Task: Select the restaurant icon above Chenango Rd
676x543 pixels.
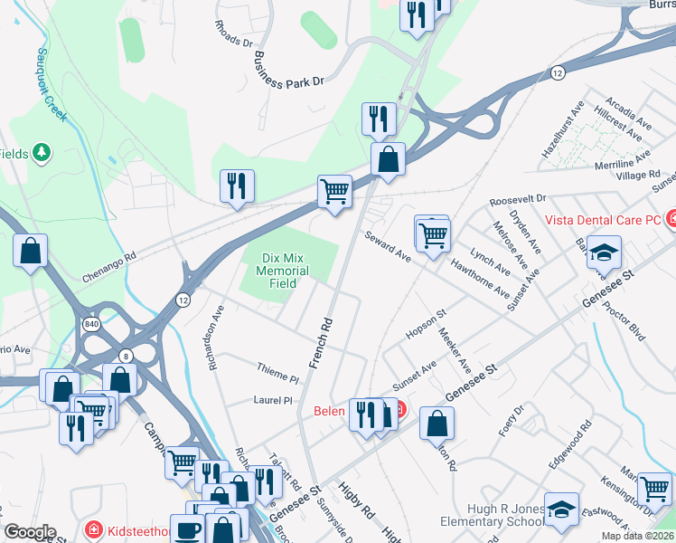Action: tap(237, 186)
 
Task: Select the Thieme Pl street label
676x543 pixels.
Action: tap(277, 376)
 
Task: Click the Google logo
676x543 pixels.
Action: tap(30, 532)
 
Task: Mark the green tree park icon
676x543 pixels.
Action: tap(41, 154)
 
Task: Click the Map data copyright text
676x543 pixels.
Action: tap(637, 536)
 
